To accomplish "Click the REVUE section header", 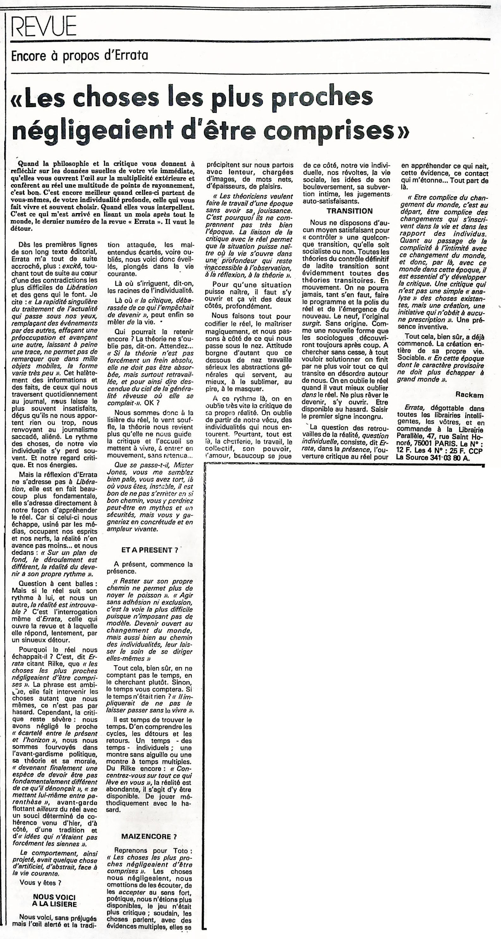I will (x=44, y=26).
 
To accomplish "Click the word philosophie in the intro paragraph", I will (x=69, y=164).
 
